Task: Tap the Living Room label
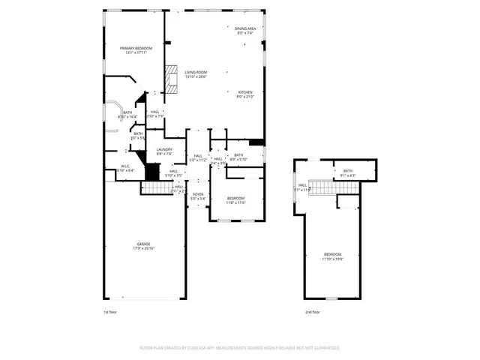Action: click(x=196, y=72)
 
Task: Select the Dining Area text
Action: click(x=245, y=28)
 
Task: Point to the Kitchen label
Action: click(x=245, y=92)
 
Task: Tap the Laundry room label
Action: click(x=164, y=149)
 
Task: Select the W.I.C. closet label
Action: click(x=126, y=166)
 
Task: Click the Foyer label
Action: click(x=198, y=194)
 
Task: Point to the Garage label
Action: click(x=142, y=244)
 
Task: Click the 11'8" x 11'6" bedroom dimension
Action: click(x=236, y=202)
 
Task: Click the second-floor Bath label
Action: click(x=348, y=171)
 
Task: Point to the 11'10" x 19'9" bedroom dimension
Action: click(x=332, y=259)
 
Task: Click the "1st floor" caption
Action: click(x=109, y=311)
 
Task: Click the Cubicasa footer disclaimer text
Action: click(x=240, y=348)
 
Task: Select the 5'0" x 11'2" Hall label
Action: click(x=197, y=160)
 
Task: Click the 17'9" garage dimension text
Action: click(x=142, y=248)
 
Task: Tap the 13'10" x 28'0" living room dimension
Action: click(x=196, y=76)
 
